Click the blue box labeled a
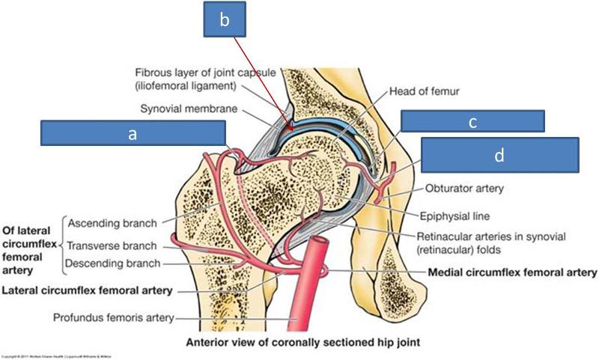coord(133,134)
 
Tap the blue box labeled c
coord(472,121)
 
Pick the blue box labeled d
coord(499,155)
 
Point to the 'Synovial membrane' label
coord(197,109)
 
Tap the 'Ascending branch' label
coord(112,223)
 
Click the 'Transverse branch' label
coord(112,245)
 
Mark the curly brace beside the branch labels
coord(60,243)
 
